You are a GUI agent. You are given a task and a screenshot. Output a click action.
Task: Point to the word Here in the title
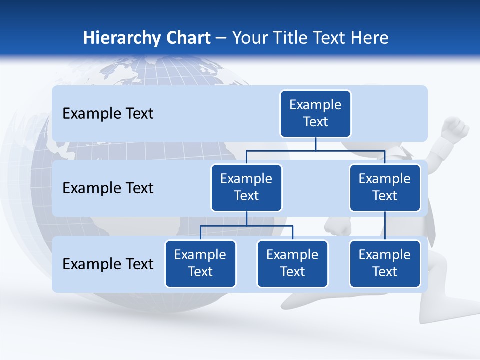coord(370,38)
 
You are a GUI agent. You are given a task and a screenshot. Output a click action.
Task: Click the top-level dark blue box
coord(315,113)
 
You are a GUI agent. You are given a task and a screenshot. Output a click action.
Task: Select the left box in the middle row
coord(246,187)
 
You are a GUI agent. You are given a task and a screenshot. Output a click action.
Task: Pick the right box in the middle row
coord(385,187)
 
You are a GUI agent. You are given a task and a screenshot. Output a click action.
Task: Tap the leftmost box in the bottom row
coord(200,263)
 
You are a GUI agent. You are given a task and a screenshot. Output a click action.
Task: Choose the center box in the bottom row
coord(292,263)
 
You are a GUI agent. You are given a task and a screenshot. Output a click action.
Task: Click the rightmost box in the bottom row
coord(385,263)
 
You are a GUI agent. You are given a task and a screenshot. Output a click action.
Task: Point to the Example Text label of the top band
coord(108,113)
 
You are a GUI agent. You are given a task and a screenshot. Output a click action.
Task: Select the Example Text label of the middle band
coord(108,188)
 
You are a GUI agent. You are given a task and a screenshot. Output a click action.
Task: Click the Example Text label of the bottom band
coord(108,264)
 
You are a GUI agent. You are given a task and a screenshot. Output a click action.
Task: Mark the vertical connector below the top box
coord(315,144)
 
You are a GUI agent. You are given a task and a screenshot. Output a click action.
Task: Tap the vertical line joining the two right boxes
coord(385,226)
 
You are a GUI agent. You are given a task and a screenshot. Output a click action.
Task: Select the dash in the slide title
coord(221,38)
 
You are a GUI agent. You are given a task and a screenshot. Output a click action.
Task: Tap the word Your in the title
coord(250,38)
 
